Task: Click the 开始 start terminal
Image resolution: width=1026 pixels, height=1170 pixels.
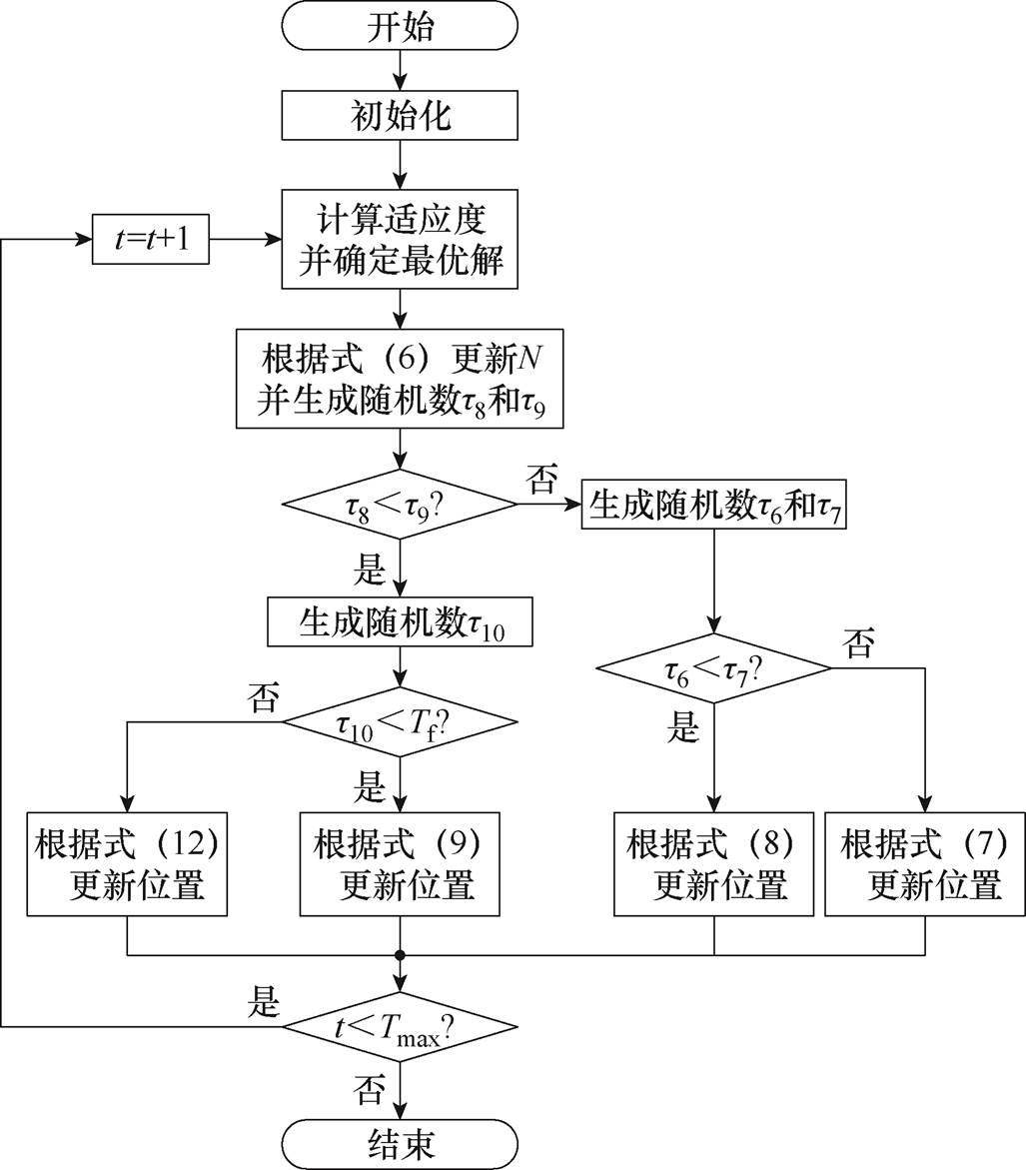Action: point(401,27)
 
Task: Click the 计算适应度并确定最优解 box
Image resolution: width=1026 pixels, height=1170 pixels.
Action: point(401,241)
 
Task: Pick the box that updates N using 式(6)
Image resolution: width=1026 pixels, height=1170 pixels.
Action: point(401,378)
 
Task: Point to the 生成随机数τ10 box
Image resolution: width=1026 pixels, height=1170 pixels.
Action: point(401,623)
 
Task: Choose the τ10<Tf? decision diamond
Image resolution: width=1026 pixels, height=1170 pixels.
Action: point(401,721)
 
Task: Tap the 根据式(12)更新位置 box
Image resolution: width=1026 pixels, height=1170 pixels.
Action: point(127,863)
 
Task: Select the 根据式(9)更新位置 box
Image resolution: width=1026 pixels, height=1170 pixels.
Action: point(400,863)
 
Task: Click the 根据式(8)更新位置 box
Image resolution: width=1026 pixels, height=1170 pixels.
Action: point(713,863)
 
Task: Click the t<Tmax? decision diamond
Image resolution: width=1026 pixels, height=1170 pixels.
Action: point(401,1026)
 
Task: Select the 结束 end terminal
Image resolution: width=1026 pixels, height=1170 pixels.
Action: point(401,1142)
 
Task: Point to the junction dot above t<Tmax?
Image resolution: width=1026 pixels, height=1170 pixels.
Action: point(401,955)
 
